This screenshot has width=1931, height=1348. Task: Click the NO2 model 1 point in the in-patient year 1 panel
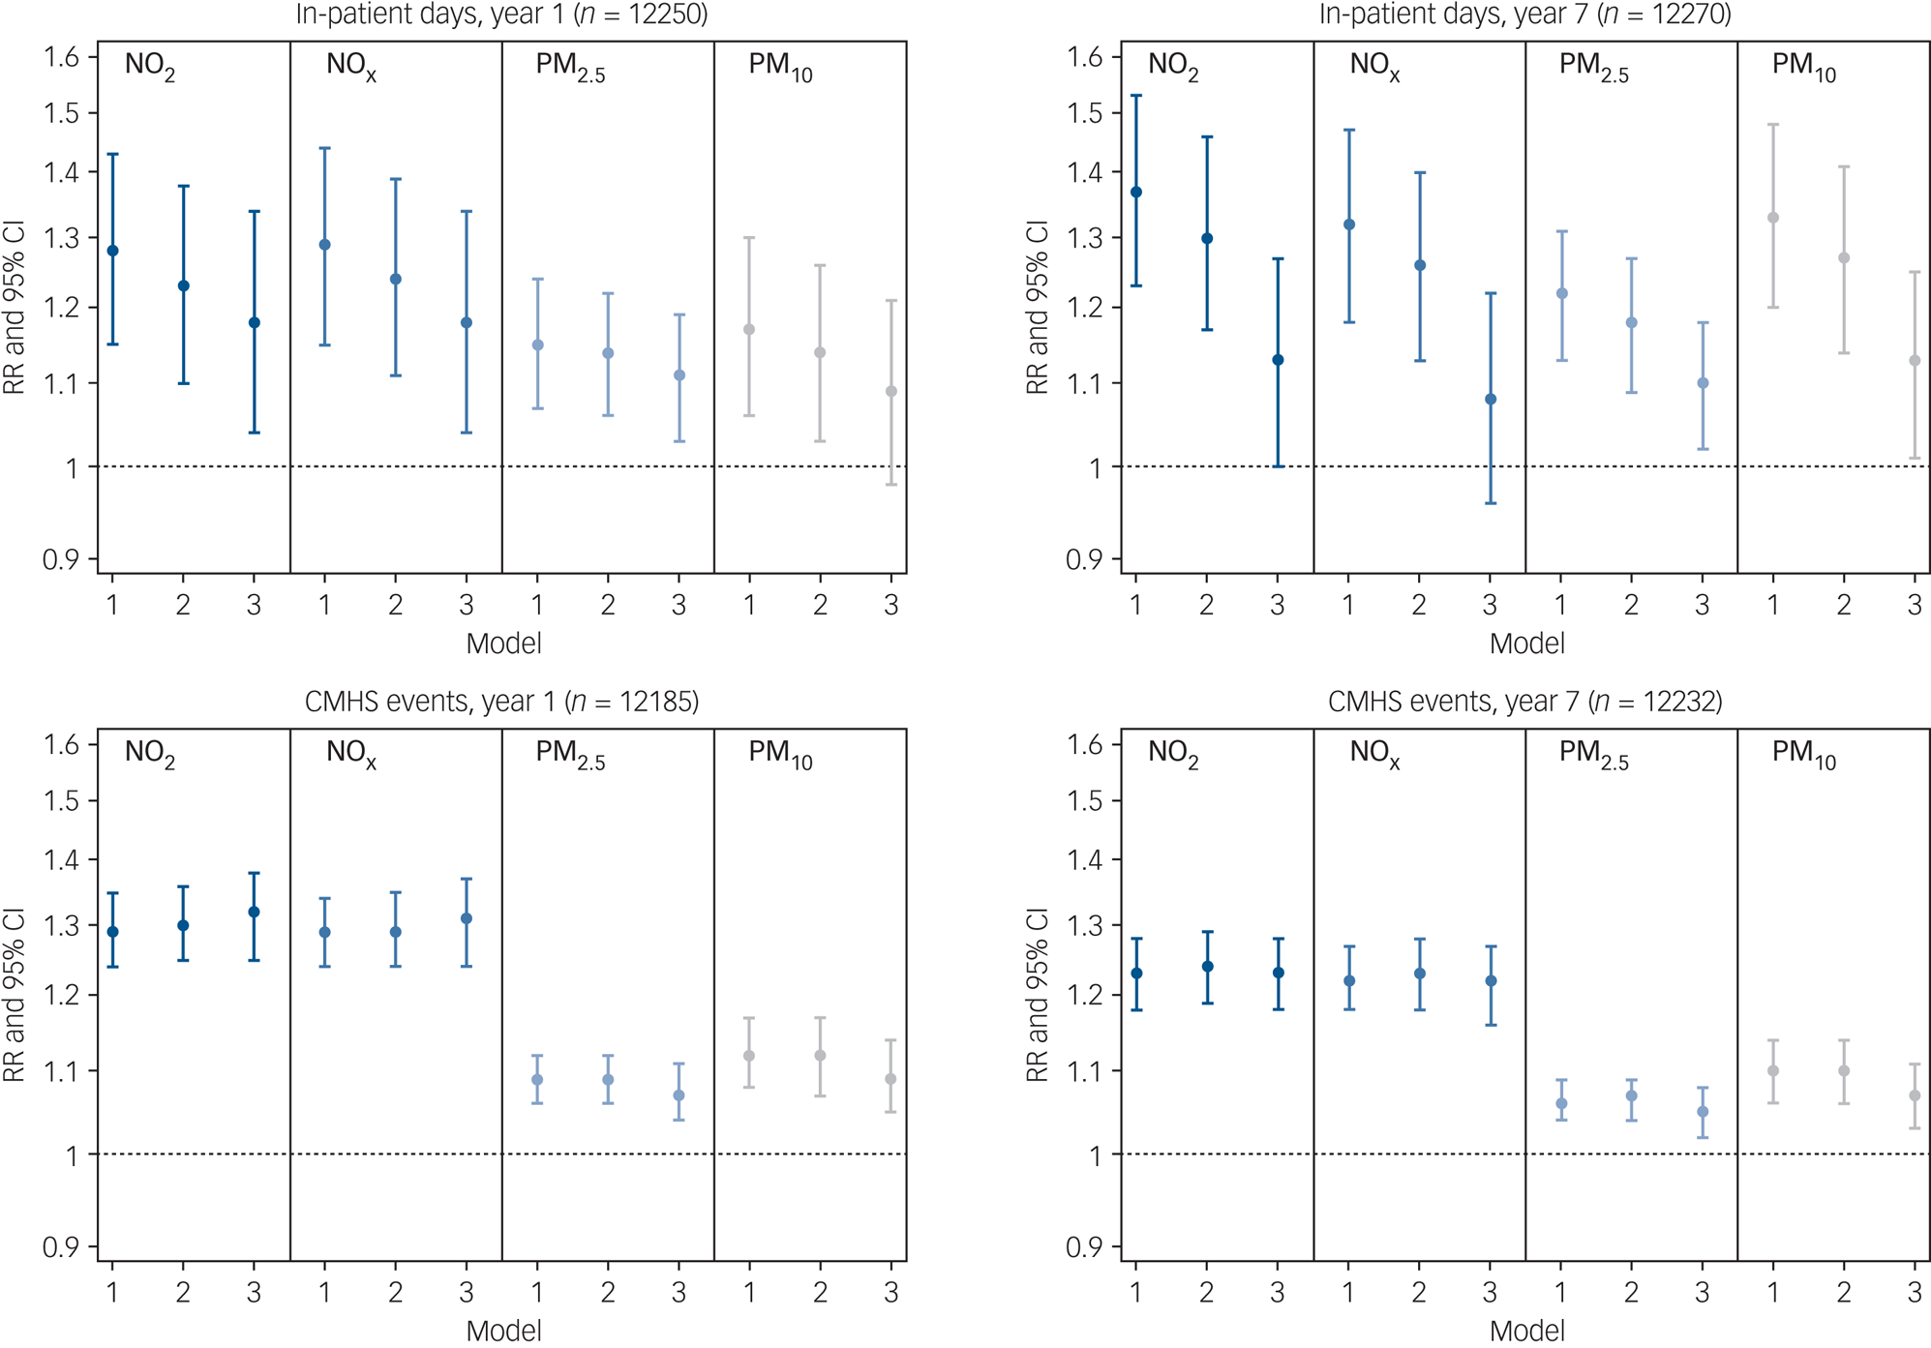(112, 251)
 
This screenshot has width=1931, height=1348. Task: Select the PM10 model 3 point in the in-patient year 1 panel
(891, 392)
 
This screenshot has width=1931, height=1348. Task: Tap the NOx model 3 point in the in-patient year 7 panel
(1491, 400)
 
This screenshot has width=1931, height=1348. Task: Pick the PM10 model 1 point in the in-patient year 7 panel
(1773, 218)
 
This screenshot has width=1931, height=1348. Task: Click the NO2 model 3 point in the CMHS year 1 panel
(255, 912)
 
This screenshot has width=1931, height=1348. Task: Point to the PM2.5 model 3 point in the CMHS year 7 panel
(1703, 1112)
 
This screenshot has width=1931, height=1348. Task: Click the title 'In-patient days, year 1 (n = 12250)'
(501, 15)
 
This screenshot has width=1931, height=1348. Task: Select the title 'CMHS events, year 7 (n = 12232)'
(1524, 701)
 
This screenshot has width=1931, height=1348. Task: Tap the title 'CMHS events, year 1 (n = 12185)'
(501, 701)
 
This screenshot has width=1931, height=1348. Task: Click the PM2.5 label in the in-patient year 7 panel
(1593, 67)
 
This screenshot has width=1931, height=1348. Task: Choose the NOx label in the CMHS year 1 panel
(350, 754)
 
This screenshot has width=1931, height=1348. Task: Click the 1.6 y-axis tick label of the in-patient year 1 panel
(62, 57)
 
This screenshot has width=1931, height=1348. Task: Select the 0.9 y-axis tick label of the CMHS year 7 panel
(1085, 1246)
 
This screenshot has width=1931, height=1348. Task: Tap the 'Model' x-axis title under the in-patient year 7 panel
(1526, 644)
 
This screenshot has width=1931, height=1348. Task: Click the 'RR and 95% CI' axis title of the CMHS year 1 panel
(15, 995)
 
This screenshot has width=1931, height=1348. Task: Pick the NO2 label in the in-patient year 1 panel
(150, 67)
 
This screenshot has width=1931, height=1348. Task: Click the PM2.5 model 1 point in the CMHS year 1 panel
(537, 1080)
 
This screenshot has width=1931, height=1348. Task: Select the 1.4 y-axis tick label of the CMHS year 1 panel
(62, 860)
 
